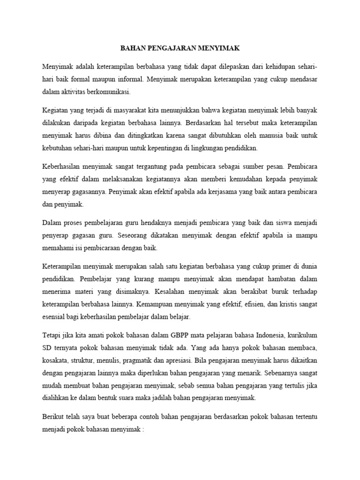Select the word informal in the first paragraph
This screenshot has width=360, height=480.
[x=129, y=79]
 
